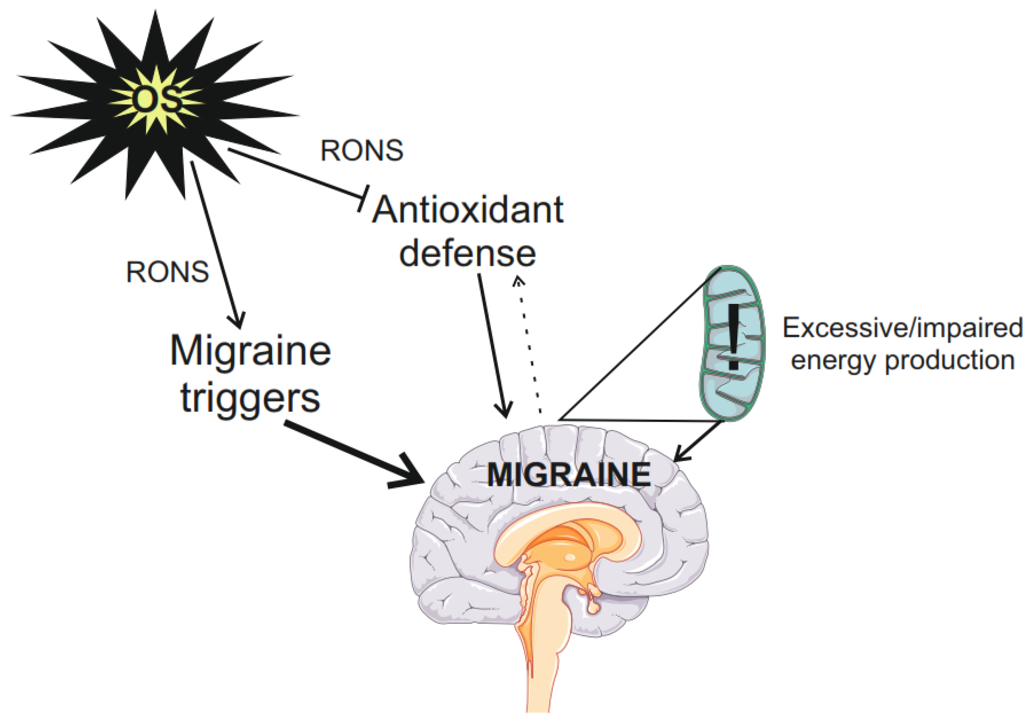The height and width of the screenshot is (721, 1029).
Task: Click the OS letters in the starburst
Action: pos(157,100)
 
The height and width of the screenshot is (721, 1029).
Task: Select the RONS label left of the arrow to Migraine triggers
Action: pos(167,272)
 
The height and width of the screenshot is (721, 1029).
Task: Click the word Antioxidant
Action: pos(467,210)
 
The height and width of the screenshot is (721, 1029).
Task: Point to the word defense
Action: pos(467,254)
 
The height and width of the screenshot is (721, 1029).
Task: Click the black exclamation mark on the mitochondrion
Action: pos(733,337)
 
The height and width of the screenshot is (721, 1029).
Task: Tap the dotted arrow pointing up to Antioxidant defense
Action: pos(529,345)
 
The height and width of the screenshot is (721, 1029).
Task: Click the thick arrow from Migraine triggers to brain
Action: pos(354,453)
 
